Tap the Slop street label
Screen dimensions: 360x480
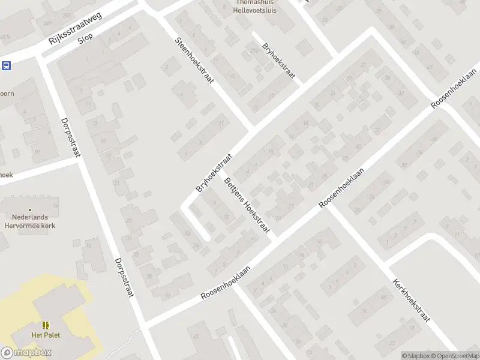85,46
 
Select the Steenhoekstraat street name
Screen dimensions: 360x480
194,67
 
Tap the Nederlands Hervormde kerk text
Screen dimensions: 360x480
30,221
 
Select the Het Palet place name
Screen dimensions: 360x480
46,335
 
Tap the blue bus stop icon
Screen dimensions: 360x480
7,65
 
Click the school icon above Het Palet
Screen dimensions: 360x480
46,325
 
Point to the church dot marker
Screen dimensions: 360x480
30,210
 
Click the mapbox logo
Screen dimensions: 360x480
26,353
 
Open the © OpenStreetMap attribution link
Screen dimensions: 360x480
454,356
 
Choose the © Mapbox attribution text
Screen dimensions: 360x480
416,356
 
